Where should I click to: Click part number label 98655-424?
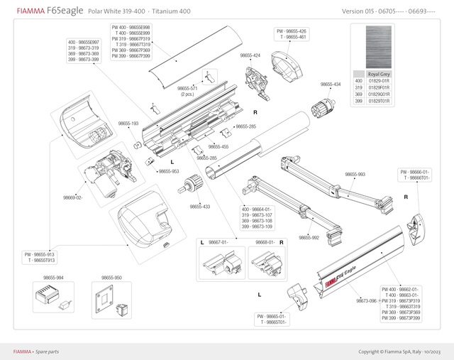[x=250, y=55]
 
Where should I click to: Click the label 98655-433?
[x=200, y=207]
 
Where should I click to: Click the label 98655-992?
[x=309, y=237]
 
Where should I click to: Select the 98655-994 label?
[x=53, y=278]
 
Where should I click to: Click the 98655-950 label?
[x=111, y=278]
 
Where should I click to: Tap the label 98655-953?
[x=169, y=171]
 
